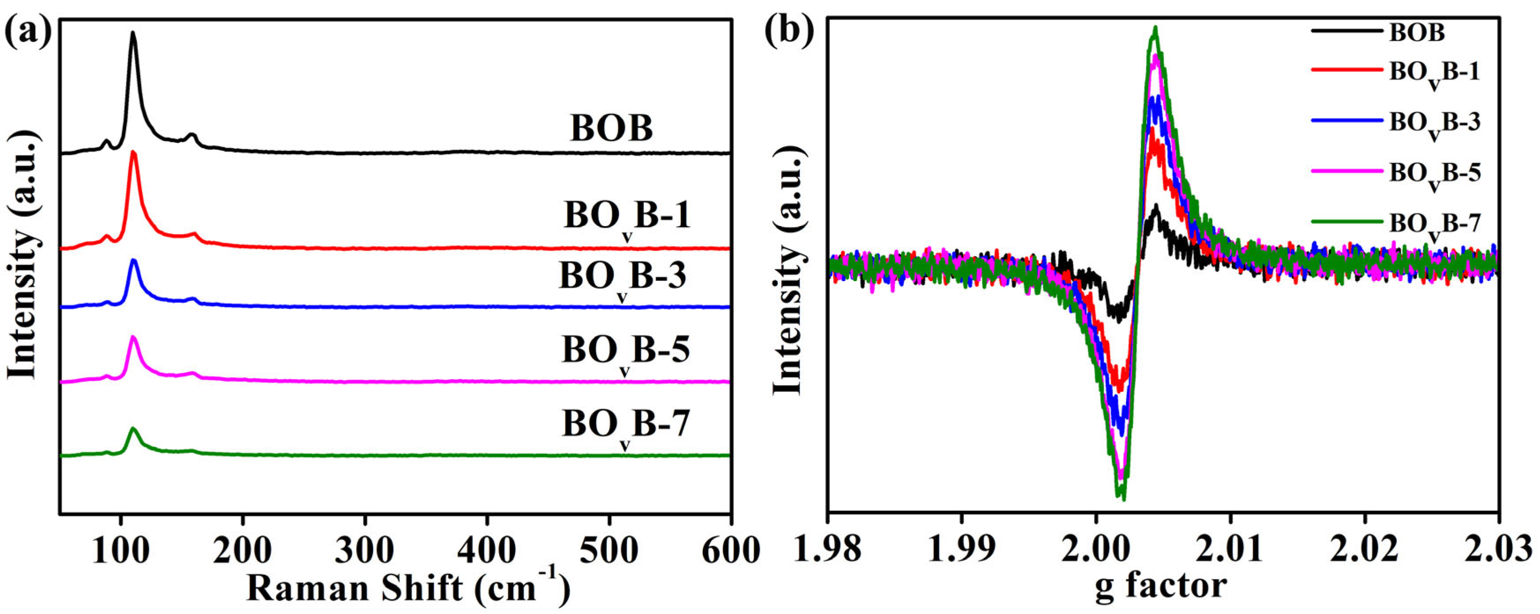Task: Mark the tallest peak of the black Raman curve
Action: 133,33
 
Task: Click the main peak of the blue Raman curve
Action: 134,260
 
